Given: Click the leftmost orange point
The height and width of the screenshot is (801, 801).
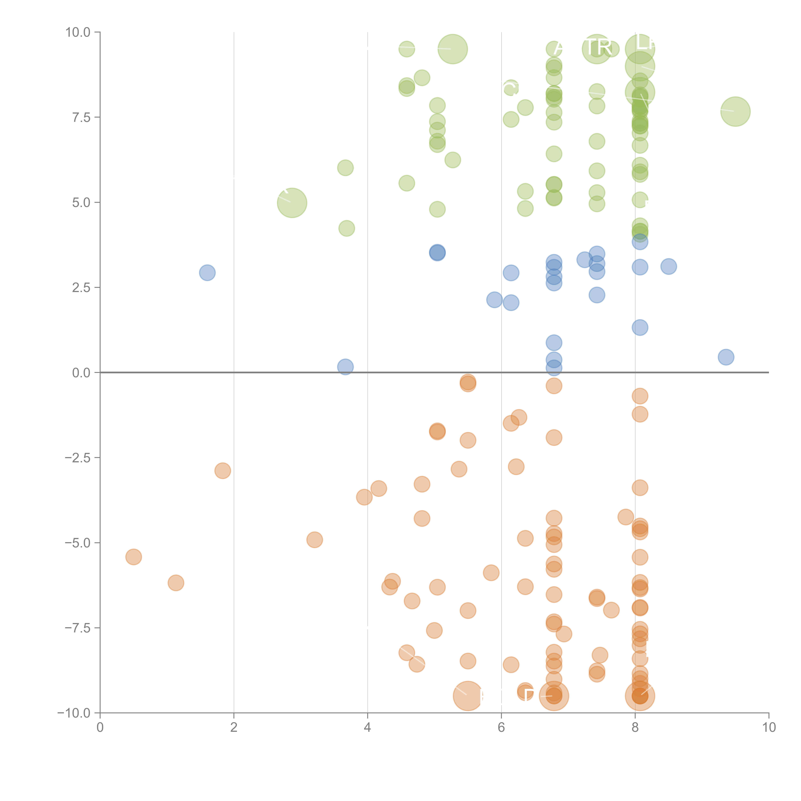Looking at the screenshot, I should pos(133,557).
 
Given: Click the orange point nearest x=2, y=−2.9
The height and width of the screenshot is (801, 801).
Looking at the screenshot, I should pos(223,471).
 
